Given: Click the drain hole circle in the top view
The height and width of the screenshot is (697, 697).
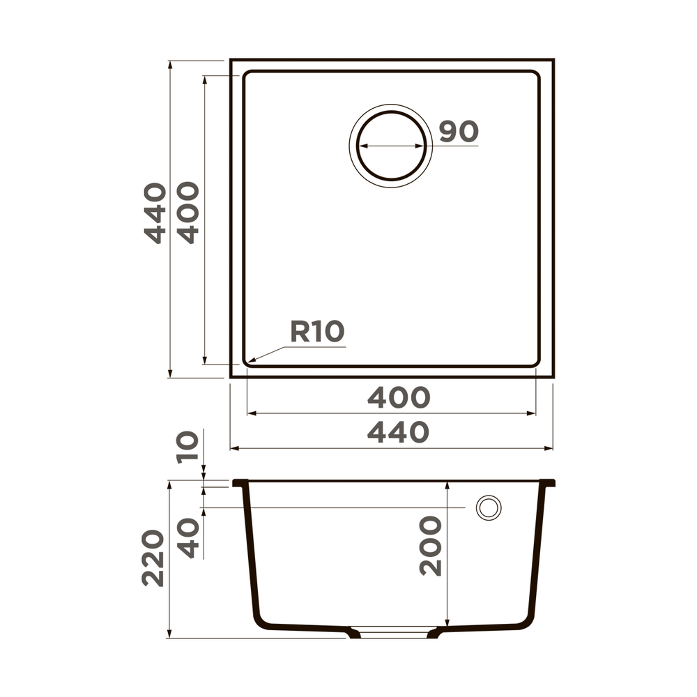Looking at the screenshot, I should click(x=391, y=147).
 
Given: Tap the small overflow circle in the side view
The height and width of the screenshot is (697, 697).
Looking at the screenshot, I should click(x=488, y=507).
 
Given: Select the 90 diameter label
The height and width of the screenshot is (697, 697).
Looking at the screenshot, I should click(x=459, y=131).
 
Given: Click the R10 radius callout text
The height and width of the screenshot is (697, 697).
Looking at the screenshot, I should click(x=317, y=332).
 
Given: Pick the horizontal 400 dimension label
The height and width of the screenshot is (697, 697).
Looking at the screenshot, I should click(x=398, y=397).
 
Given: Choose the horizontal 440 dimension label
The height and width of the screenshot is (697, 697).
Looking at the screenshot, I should click(x=398, y=433).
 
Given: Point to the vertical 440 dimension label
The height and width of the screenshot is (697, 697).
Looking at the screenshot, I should click(x=155, y=213).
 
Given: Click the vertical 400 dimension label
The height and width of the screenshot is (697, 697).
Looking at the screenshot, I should click(x=188, y=213).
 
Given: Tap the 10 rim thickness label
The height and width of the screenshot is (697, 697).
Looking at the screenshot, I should click(x=188, y=447).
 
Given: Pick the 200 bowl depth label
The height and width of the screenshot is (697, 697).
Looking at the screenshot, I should click(x=431, y=546).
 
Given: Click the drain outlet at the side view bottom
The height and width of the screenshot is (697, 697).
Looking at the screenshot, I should click(x=394, y=633).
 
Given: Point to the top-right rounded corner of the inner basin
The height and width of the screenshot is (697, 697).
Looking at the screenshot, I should click(x=535, y=75).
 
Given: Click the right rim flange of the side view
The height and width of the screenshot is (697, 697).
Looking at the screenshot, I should click(x=549, y=482).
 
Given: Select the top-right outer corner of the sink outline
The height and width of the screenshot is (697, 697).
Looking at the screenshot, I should click(x=553, y=61).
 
